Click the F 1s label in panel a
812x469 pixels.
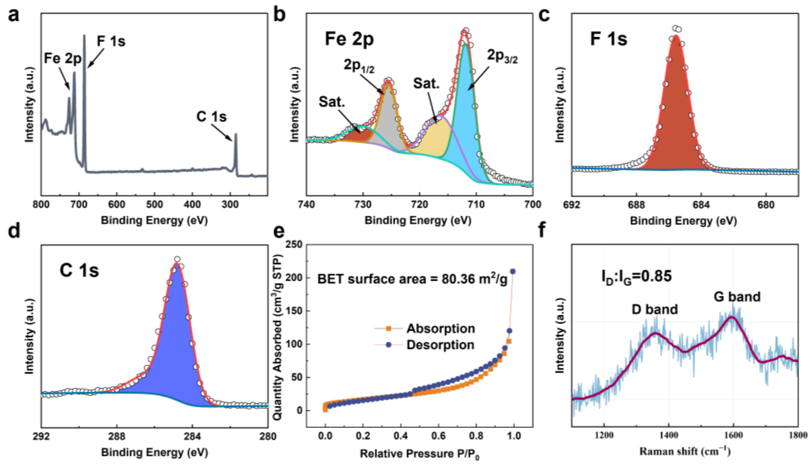(x=111, y=41)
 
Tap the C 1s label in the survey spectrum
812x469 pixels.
(x=211, y=117)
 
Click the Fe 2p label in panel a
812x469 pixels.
(x=62, y=59)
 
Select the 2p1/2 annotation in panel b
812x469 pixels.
(x=359, y=66)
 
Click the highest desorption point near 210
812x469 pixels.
(x=513, y=272)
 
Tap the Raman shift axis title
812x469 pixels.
(x=685, y=452)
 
